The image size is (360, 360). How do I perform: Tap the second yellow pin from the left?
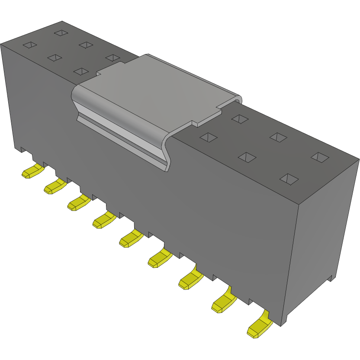[55, 186]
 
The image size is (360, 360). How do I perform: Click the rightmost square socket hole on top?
[320, 157]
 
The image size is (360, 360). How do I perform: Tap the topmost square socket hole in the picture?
[61, 32]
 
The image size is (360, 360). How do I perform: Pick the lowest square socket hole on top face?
[289, 178]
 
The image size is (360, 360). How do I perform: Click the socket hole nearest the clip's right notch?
[239, 118]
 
